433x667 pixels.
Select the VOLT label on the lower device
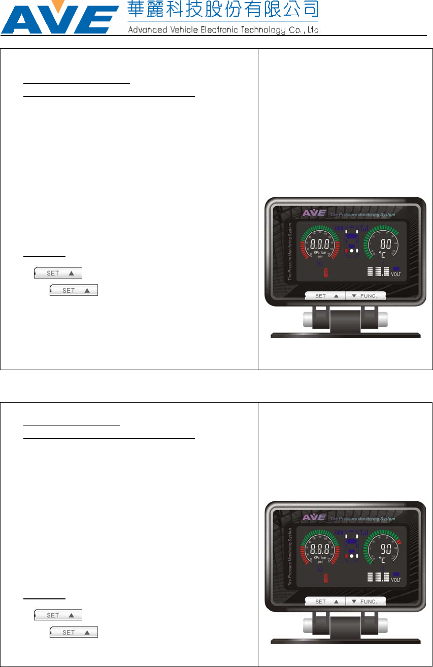(396, 580)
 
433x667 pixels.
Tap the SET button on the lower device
(325, 601)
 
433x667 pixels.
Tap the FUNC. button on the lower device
(366, 601)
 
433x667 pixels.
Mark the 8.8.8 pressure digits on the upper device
(320, 244)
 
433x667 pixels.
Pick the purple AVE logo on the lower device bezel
(313, 517)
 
